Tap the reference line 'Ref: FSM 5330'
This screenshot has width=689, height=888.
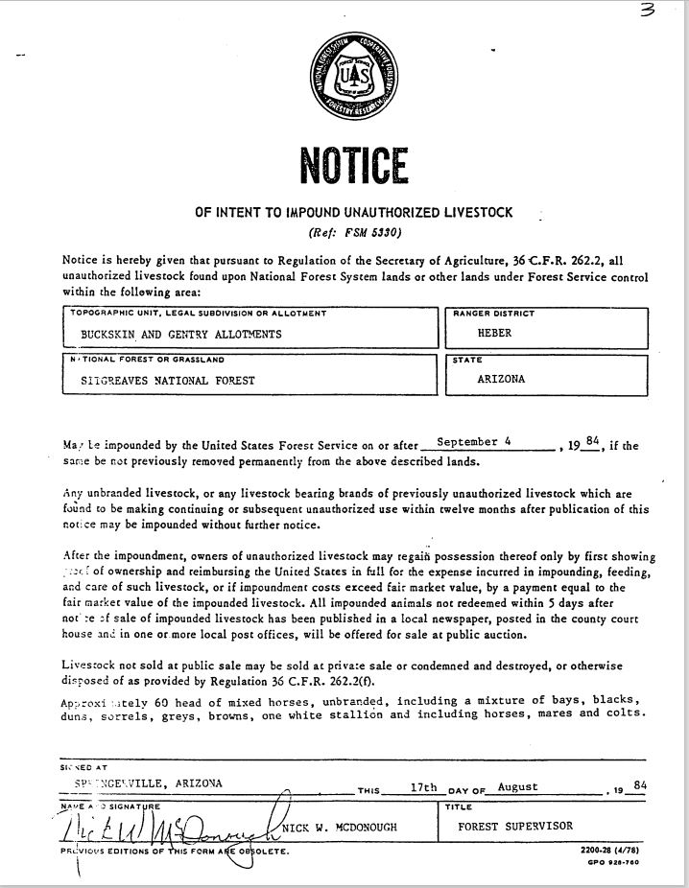coord(354,233)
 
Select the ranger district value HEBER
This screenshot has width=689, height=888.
coord(495,335)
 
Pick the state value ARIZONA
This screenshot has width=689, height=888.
coord(502,379)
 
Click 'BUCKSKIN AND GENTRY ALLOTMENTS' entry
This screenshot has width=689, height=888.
coord(181,335)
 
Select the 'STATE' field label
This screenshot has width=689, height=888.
coord(468,360)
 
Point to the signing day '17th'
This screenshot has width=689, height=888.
coord(424,786)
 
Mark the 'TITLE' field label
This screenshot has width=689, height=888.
coord(461,807)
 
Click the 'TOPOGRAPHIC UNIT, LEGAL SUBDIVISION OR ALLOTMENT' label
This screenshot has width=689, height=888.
coord(199,314)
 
